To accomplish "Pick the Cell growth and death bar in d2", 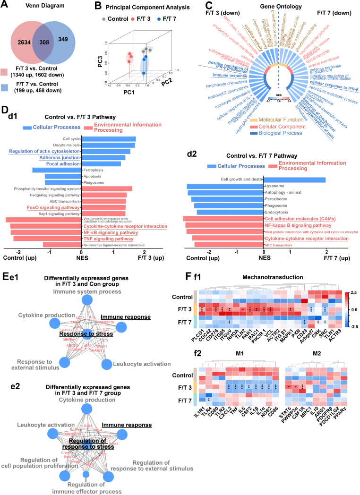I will [294, 179].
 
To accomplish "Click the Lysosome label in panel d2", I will [273, 186].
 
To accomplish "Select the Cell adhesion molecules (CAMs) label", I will [295, 219].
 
